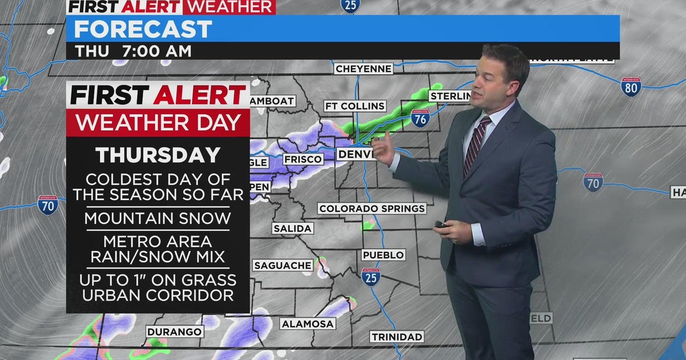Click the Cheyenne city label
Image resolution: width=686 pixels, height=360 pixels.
[364, 69]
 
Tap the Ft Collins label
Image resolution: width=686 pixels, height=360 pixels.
[354, 106]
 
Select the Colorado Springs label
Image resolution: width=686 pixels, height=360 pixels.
[372, 209]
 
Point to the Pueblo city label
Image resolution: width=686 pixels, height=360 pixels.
[383, 255]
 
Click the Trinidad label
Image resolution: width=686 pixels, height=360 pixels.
[397, 337]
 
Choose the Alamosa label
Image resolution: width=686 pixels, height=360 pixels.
[308, 324]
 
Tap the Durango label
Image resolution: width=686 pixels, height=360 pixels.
[174, 331]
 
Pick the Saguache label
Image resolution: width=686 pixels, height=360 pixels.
[283, 265]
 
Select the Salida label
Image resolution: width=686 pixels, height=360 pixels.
[293, 229]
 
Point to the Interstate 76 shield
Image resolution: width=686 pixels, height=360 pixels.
[420, 118]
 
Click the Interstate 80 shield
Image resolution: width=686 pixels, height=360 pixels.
[631, 87]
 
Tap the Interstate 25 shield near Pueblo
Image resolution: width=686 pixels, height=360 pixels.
[370, 277]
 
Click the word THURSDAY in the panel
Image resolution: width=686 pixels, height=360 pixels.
[158, 155]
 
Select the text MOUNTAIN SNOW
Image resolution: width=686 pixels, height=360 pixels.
[158, 218]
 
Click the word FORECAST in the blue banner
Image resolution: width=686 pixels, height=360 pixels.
[143, 29]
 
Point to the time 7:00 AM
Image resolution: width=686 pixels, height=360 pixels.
[152, 51]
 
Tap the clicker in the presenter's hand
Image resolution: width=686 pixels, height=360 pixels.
[441, 225]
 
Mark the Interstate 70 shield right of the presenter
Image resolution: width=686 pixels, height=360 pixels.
[593, 182]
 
